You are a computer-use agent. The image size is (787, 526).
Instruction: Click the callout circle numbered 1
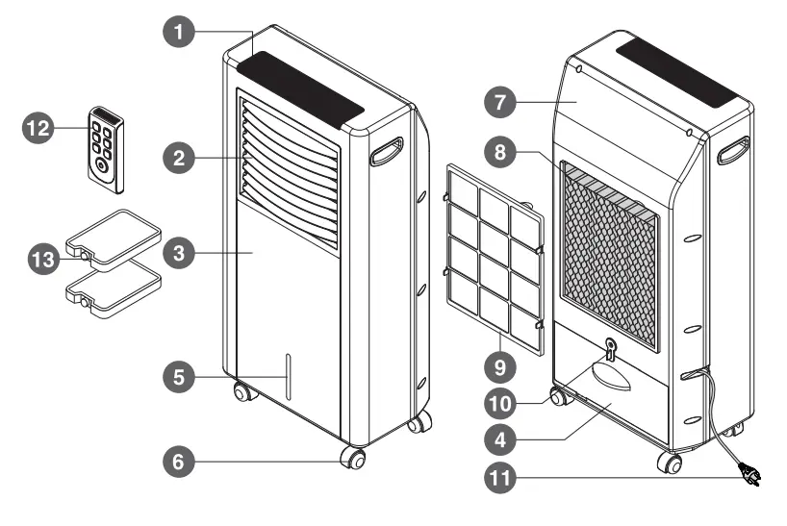point(176,31)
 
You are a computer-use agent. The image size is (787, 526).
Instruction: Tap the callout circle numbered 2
point(176,157)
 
